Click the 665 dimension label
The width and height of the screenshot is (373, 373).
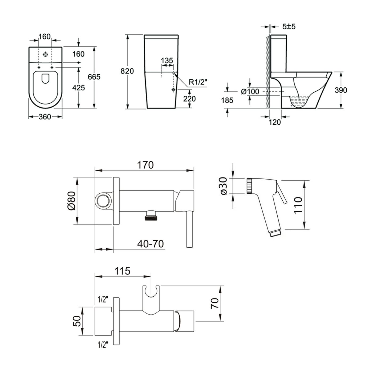pyautogui.click(x=94, y=77)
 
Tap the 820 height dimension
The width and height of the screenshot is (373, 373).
pyautogui.click(x=127, y=71)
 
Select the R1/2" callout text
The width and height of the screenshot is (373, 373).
pyautogui.click(x=198, y=82)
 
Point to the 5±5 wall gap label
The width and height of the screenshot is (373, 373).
pyautogui.click(x=289, y=27)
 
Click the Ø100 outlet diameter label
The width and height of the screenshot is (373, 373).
pyautogui.click(x=250, y=92)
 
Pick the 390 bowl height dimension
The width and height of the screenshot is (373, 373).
pyautogui.click(x=341, y=90)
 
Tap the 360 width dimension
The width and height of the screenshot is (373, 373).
pyautogui.click(x=45, y=117)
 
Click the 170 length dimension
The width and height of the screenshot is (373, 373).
pyautogui.click(x=145, y=165)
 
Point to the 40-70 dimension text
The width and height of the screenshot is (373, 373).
pyautogui.click(x=150, y=244)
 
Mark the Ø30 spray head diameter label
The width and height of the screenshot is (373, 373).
pyautogui.click(x=224, y=186)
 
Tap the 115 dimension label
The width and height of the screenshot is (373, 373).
pyautogui.click(x=122, y=271)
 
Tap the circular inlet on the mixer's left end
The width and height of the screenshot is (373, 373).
pyautogui.click(x=103, y=201)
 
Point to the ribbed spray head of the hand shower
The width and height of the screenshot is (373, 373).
pyautogui.click(x=249, y=186)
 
